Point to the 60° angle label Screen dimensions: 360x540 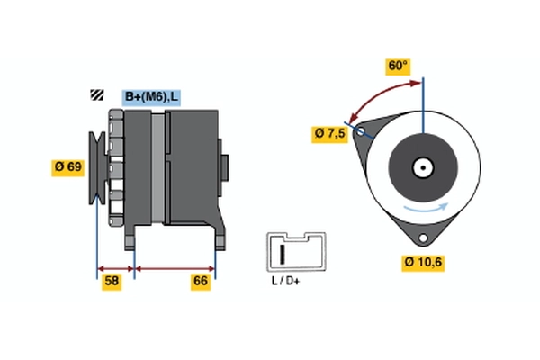tap(398, 66)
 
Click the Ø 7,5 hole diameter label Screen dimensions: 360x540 tap(329, 133)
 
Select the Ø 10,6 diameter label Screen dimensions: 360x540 tap(423, 262)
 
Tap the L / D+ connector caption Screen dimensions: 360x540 tap(287, 281)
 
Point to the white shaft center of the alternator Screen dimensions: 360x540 tap(421, 166)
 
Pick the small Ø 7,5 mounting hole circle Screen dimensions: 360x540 tap(362, 132)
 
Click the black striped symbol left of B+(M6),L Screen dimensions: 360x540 tap(95, 96)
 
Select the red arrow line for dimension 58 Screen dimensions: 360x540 tap(115, 268)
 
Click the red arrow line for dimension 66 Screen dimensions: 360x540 tap(175, 268)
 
